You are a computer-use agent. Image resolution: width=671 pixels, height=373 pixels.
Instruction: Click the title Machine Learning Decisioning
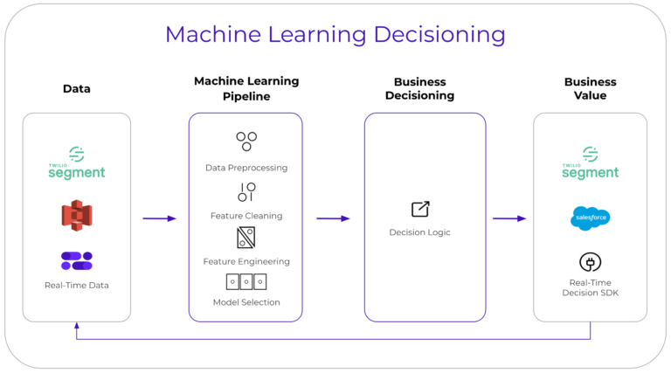(335, 34)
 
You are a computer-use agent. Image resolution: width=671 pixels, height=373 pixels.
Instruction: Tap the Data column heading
(77, 88)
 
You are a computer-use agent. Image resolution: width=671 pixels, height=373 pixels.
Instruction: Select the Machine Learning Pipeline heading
(246, 88)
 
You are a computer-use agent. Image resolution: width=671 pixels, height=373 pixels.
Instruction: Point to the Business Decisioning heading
(425, 88)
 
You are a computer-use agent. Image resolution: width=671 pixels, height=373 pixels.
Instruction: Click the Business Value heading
(590, 88)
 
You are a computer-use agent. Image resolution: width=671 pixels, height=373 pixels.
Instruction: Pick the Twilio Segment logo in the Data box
(77, 163)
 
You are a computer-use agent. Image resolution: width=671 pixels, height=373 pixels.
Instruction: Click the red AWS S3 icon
(77, 214)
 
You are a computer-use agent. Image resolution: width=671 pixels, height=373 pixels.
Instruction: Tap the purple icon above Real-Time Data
(77, 260)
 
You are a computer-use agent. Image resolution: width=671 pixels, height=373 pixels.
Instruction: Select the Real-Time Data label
(77, 285)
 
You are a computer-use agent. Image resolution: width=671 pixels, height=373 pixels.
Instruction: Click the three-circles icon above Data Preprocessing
(246, 141)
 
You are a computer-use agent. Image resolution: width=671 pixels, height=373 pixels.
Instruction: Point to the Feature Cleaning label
(246, 215)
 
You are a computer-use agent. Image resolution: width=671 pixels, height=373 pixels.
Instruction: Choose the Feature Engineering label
(246, 261)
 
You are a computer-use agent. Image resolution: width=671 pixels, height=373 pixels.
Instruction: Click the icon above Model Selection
(246, 281)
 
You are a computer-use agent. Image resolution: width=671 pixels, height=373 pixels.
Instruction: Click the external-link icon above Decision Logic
(420, 209)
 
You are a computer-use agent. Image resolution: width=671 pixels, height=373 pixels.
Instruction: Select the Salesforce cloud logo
(590, 218)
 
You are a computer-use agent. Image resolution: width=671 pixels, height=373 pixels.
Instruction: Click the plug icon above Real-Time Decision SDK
(590, 262)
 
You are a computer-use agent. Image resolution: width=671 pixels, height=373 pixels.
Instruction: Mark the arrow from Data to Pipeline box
(159, 218)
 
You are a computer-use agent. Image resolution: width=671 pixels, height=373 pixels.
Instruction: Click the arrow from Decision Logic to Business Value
(509, 218)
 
